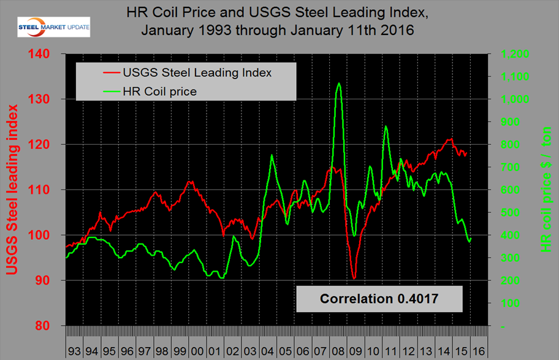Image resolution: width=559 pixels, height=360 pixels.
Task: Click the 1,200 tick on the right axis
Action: [515, 54]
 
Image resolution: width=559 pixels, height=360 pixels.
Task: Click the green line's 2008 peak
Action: [339, 83]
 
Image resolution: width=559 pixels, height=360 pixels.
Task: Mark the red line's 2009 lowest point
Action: [354, 278]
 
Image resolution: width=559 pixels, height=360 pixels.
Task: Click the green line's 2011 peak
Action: [386, 126]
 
